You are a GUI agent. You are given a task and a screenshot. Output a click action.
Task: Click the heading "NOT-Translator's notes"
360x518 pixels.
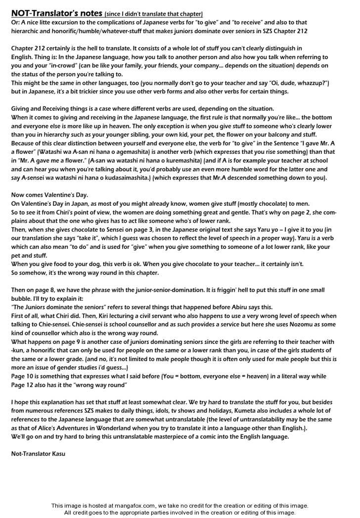point(57,13)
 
